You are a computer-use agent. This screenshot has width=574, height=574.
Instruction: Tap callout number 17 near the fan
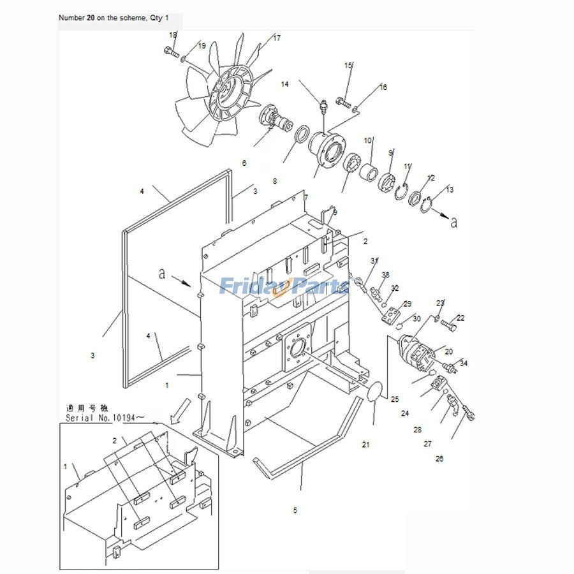pos(277,38)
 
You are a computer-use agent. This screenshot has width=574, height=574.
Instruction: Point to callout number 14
pos(284,84)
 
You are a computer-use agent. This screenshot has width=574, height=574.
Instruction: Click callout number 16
pos(383,87)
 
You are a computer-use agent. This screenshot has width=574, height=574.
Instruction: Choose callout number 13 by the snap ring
pos(450,189)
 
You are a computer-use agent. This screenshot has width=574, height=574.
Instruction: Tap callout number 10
pos(368,140)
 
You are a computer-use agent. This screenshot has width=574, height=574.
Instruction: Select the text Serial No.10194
pos(105,418)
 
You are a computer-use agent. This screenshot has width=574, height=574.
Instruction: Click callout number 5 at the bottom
pos(295,510)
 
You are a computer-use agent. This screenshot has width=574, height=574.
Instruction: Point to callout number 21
pos(366,445)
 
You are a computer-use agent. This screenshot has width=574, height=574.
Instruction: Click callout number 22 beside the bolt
pos(460,318)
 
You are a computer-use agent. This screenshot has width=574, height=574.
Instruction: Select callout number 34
pos(464,364)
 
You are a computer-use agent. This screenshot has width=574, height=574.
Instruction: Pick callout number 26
pos(440,459)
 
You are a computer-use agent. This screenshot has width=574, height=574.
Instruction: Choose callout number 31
pos(374,261)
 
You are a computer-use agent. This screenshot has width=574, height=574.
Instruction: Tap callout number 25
pos(395,400)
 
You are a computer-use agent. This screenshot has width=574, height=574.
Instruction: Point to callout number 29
pos(408,304)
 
